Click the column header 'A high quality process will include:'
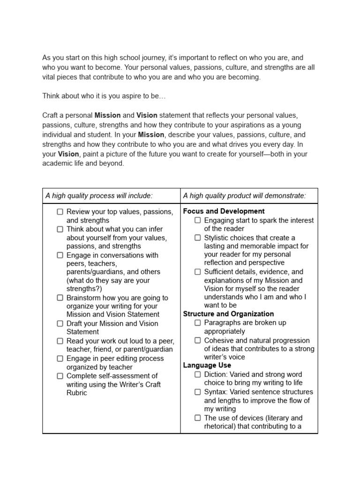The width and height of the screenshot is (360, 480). [99, 196]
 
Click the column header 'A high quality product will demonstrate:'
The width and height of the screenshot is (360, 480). [244, 196]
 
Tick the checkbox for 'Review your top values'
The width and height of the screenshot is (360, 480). [60, 212]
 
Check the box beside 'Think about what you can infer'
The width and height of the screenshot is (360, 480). [60, 229]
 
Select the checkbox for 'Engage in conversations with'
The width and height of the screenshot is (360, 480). [60, 255]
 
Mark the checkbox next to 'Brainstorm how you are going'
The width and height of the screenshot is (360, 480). [60, 298]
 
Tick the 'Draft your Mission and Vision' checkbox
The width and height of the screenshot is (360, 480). [60, 323]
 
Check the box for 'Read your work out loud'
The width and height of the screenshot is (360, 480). [60, 341]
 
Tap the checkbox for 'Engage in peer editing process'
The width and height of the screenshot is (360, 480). [60, 358]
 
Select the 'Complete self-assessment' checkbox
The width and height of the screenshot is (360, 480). [60, 375]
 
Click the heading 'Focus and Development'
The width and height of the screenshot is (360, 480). [224, 211]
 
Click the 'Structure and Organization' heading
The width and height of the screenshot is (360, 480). [228, 314]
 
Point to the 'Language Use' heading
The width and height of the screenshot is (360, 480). [207, 365]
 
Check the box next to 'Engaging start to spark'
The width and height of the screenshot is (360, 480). [198, 220]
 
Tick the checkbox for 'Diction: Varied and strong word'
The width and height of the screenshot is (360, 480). [198, 375]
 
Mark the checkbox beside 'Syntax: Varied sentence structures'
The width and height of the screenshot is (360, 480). [198, 392]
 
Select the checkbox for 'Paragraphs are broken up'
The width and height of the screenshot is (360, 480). [198, 322]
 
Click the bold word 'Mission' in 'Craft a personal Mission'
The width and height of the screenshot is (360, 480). [107, 115]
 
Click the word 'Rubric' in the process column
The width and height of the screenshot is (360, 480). [77, 393]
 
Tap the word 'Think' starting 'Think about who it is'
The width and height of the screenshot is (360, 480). [52, 96]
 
